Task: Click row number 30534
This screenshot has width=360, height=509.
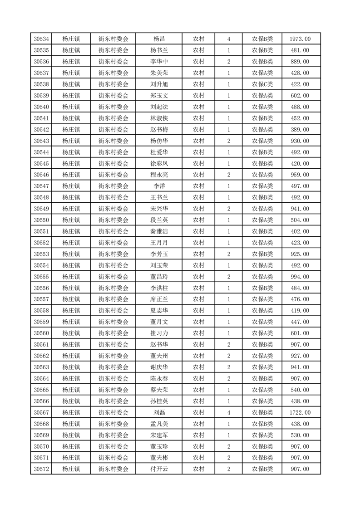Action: (x=41, y=39)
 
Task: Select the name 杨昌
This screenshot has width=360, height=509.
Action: (x=159, y=39)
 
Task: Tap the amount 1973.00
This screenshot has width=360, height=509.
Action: (x=300, y=39)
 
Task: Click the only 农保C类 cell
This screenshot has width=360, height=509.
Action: (x=262, y=84)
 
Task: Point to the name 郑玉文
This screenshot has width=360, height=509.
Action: (x=159, y=96)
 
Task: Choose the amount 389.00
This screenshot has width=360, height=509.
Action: (x=300, y=130)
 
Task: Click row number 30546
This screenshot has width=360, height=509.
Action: (x=41, y=175)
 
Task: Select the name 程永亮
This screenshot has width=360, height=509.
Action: (x=159, y=175)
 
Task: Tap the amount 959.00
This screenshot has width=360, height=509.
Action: (x=300, y=175)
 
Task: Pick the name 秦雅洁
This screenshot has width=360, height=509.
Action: (x=159, y=231)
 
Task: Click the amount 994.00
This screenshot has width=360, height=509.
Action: (x=300, y=277)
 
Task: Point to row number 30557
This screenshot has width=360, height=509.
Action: (x=41, y=299)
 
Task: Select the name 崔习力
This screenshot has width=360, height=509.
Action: (x=159, y=333)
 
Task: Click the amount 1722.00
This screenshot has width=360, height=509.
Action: (x=300, y=412)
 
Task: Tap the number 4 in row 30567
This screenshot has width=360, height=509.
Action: (x=228, y=412)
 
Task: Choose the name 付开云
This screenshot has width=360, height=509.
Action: (x=159, y=469)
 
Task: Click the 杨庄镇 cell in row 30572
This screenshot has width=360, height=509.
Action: (x=71, y=469)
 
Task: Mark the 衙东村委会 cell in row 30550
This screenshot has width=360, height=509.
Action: (x=113, y=220)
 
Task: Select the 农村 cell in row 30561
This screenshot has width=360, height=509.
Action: (x=198, y=345)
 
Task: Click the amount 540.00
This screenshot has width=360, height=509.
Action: (x=300, y=390)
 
